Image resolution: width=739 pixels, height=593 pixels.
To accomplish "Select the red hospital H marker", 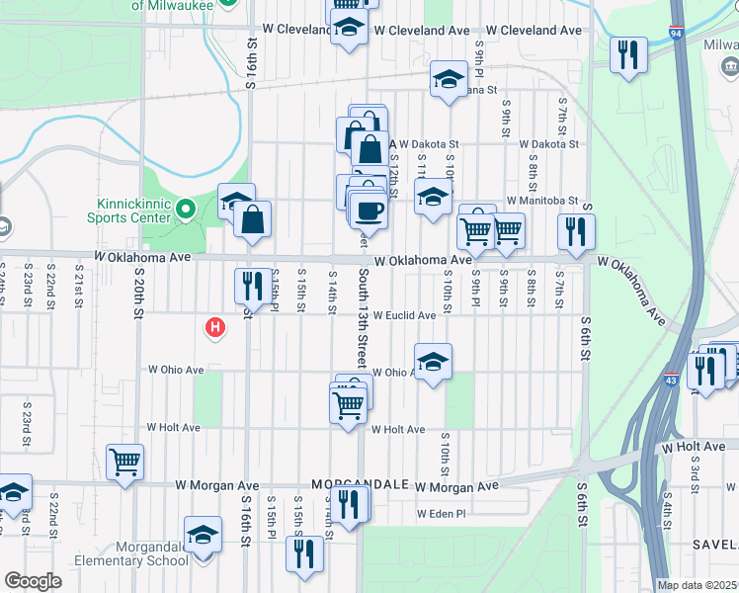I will coord(212,327).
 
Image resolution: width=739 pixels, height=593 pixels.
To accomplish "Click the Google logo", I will coord(33,580).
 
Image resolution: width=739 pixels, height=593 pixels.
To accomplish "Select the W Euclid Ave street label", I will coord(403,316).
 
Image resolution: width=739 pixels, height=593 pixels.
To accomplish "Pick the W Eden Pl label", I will coord(440,514).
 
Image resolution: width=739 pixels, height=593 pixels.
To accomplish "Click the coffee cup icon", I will coord(369,211).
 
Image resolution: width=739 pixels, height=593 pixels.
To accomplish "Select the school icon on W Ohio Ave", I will coord(433,364).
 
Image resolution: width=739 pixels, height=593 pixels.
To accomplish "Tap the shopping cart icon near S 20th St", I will coord(125,462).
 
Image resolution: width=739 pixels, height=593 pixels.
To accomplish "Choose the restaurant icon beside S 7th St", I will coord(575,232).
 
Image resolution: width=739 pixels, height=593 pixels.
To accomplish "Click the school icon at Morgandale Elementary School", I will coord(203,536).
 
